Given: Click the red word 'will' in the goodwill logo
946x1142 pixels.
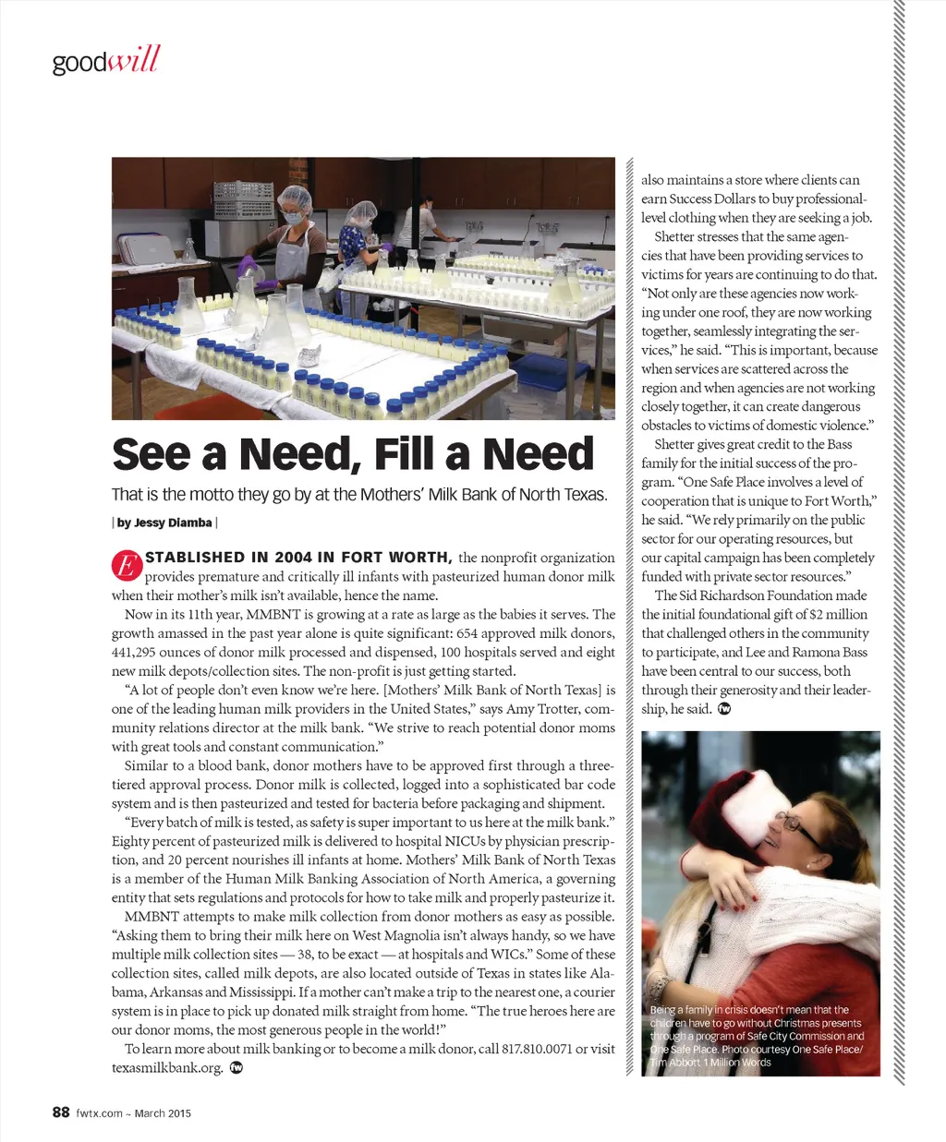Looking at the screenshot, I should point(135,61).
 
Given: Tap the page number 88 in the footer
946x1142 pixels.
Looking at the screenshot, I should point(61,1112).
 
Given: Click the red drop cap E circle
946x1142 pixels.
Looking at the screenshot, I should point(127,567).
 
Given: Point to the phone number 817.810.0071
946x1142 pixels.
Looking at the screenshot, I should point(537,1049).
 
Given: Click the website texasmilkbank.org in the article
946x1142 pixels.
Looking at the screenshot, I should point(167,1068).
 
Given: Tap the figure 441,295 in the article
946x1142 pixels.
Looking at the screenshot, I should point(141,652).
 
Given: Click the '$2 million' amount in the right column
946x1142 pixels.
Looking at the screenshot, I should point(839,614).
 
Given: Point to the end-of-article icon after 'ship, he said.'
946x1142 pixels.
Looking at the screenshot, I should point(724,709).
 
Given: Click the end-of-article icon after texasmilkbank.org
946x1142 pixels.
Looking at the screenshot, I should point(236,1068).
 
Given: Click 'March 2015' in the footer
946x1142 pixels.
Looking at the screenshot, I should point(163,1113).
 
